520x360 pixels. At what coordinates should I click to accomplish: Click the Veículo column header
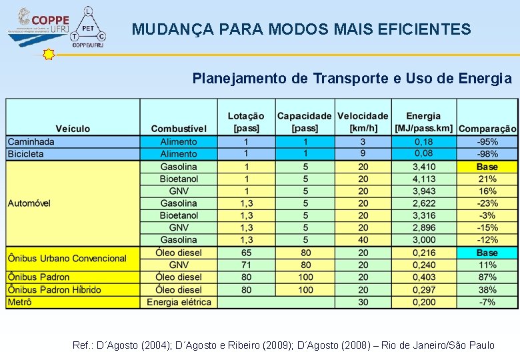[73, 129]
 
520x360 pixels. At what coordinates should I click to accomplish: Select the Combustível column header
[179, 129]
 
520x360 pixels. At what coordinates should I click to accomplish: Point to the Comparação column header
[487, 129]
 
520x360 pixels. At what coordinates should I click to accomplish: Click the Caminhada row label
[31, 141]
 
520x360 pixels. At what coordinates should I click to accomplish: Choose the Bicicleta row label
[26, 154]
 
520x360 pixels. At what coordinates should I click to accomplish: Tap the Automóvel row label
[29, 203]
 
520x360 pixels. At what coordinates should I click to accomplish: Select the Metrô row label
[19, 302]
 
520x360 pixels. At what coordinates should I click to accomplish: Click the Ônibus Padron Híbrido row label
[55, 290]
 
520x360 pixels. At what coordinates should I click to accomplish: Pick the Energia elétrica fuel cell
[179, 302]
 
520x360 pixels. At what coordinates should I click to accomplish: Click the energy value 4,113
[424, 179]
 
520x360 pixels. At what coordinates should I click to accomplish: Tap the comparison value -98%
[487, 154]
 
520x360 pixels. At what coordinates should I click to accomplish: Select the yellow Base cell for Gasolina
[487, 167]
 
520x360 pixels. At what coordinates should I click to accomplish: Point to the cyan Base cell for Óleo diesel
[487, 253]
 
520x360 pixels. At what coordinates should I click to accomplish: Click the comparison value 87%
[487, 277]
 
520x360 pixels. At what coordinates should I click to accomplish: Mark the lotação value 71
[247, 265]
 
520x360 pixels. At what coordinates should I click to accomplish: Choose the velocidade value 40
[363, 240]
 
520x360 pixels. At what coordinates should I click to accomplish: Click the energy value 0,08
[424, 154]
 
